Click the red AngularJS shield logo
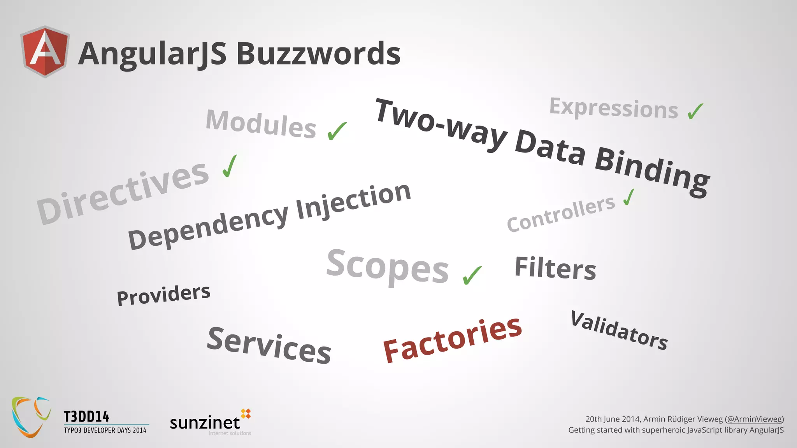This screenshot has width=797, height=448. [x=45, y=51]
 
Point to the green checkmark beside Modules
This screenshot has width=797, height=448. [x=337, y=131]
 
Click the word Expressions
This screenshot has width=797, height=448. [x=613, y=108]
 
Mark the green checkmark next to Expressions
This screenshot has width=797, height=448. [x=695, y=111]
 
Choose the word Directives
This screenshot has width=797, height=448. [x=123, y=193]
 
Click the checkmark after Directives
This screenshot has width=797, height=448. [x=230, y=166]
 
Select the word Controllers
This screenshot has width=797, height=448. [x=561, y=214]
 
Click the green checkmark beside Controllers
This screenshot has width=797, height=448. [x=629, y=197]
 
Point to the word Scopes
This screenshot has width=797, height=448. [x=388, y=267]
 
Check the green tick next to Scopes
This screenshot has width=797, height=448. [x=472, y=275]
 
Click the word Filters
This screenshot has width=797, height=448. [x=555, y=268]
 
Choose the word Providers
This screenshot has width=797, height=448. [x=163, y=294]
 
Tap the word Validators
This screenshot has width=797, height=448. [x=619, y=330]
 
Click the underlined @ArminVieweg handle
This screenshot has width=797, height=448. [x=754, y=419]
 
